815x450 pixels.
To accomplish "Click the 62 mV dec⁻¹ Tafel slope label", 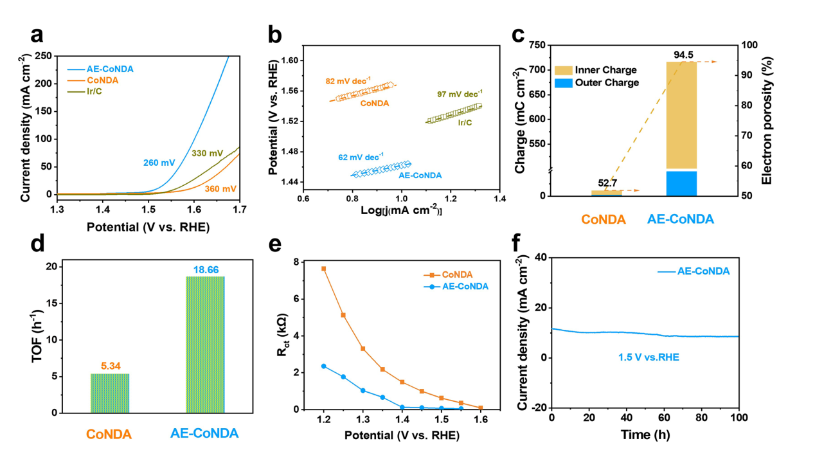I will pos(361,156).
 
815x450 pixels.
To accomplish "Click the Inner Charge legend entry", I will pos(605,69).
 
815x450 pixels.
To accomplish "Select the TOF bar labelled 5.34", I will pos(110,393).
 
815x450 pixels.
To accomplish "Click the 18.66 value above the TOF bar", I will pos(205,270).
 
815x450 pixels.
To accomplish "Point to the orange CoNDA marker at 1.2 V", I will pos(324,269).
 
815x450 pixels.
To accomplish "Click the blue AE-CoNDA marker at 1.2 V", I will pos(324,366).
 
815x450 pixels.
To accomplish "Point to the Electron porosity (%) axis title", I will pos(767,121).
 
